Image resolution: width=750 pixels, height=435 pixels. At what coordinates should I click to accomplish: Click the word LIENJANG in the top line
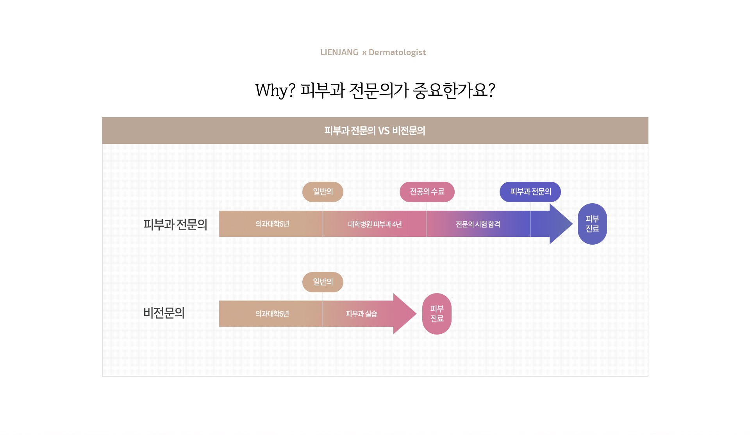point(339,52)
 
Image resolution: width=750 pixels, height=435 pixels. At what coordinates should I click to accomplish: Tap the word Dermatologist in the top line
point(397,52)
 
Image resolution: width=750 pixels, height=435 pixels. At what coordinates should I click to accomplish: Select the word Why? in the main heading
point(275,90)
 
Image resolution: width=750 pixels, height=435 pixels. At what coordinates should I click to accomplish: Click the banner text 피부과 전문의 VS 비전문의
point(375,131)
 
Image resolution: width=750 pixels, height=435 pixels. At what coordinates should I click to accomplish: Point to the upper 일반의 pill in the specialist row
point(323,192)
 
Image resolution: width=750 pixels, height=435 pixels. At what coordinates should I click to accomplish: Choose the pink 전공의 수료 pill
point(427,192)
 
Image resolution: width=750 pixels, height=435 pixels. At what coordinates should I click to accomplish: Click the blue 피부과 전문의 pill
point(530,192)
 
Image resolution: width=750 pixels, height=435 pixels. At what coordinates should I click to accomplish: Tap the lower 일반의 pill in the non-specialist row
point(323,282)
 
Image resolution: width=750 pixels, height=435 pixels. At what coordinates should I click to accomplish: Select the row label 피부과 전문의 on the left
point(175,224)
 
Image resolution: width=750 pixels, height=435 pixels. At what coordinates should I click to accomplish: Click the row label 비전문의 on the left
point(164,313)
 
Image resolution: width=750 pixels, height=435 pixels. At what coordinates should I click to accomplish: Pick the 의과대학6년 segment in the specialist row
point(272,224)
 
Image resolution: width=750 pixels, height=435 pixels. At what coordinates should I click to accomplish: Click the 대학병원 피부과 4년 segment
point(375,224)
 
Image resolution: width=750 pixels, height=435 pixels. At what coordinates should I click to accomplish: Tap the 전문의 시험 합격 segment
point(478,224)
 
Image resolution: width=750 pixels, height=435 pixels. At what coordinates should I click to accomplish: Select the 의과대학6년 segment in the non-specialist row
point(272,314)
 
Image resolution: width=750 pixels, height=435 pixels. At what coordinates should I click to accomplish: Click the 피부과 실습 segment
point(361,314)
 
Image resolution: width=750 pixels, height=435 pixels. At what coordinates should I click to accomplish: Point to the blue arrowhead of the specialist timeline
point(559,224)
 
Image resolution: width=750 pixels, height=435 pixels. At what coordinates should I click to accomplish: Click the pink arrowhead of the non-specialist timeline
point(404,314)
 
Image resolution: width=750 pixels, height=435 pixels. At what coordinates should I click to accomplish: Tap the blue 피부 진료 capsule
point(592,224)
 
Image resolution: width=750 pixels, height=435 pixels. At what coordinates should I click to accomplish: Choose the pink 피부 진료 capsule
point(437,314)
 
